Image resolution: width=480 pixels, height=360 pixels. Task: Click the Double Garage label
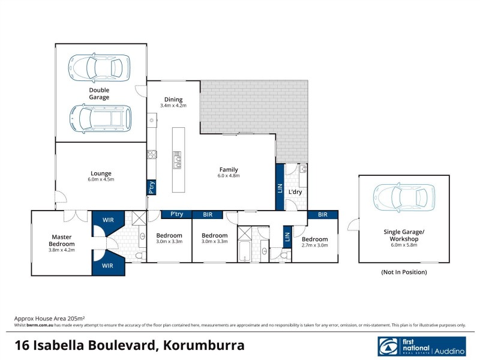point(100,93)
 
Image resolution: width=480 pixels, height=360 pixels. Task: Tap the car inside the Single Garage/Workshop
point(404,196)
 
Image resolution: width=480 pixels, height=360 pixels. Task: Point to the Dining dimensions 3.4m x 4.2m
point(173,106)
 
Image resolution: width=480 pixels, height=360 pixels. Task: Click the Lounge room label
point(101,173)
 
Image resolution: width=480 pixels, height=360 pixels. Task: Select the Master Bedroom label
point(62,241)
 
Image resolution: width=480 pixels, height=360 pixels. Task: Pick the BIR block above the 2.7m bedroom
point(323,214)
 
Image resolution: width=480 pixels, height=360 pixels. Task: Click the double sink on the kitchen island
point(178,159)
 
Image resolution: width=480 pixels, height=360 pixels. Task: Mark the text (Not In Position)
point(404,272)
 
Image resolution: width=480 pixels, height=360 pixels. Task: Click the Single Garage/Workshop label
point(404,235)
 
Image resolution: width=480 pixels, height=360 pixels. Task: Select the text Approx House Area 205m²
point(49,319)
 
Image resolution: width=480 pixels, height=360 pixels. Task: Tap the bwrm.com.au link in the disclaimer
point(37,325)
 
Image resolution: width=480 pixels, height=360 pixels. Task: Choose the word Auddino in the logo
point(449,348)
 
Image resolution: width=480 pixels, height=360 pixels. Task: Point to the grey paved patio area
point(252,108)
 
